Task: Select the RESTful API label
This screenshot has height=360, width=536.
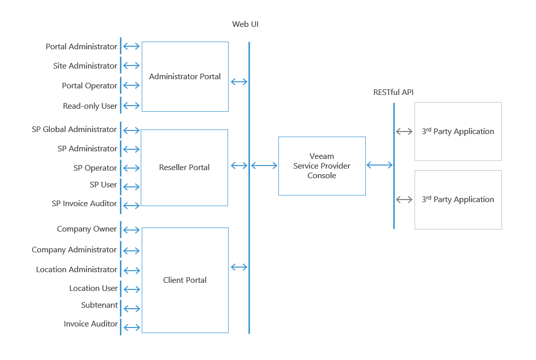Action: point(393,92)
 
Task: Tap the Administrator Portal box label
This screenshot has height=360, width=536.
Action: point(185,76)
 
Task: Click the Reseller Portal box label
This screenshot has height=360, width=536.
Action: point(184,167)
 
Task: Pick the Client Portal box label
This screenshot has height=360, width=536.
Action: point(185,280)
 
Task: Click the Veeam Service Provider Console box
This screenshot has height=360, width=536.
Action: point(322,166)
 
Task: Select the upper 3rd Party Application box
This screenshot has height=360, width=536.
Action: point(458,132)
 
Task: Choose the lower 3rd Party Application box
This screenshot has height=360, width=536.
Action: point(458,200)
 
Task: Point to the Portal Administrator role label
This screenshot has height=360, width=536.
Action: point(81,46)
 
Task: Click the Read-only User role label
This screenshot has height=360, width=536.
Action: point(90,106)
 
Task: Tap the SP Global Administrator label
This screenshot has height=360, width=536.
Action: point(74,129)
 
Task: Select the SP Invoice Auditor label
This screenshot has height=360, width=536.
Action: point(84,204)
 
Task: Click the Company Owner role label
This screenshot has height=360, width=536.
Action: point(87,229)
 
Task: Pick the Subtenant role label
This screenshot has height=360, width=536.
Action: point(100,305)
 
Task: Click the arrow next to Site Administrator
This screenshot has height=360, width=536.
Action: point(132,66)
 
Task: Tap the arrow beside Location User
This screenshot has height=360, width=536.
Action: point(132,289)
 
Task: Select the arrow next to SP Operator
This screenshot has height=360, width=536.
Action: point(132,168)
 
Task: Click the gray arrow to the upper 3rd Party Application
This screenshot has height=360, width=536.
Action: point(404,132)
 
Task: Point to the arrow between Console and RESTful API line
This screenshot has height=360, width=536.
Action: point(380,165)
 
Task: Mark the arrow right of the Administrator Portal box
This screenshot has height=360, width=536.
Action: point(239,82)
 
